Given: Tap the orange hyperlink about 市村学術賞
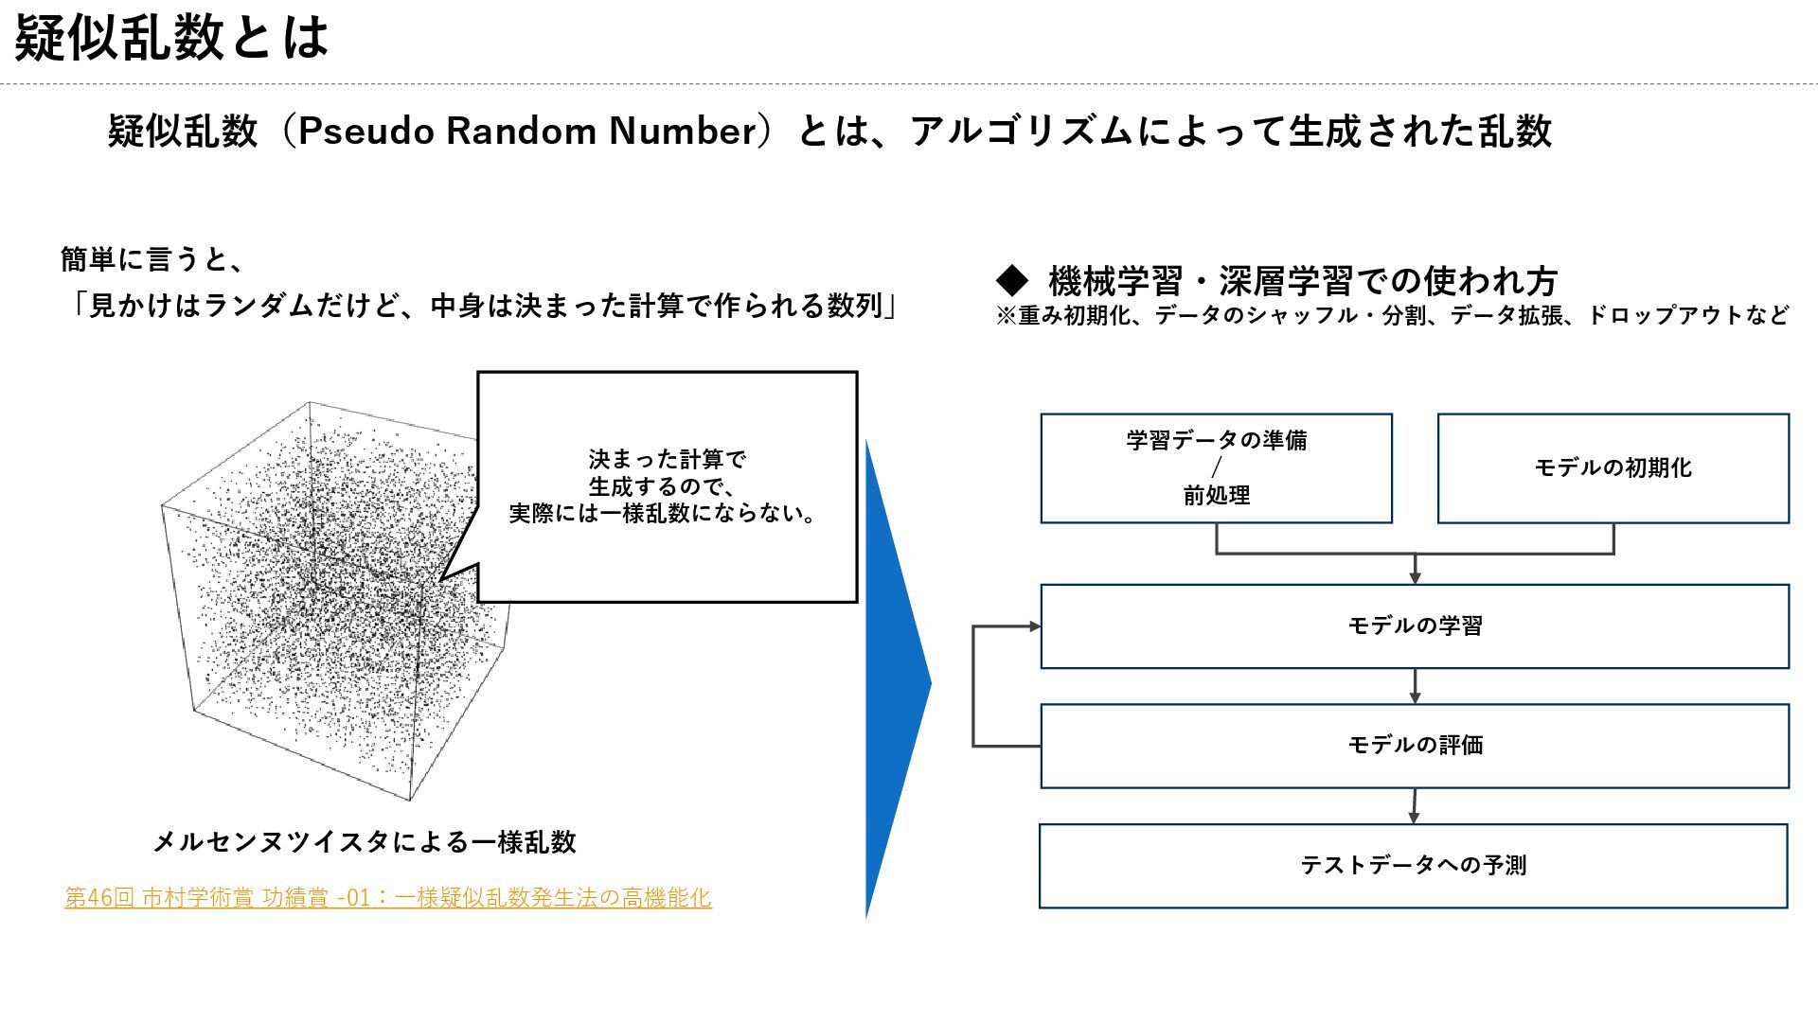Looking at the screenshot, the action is [x=387, y=897].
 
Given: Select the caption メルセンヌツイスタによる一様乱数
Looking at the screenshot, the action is [x=365, y=841].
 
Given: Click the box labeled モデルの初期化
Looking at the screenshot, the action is [x=1613, y=468].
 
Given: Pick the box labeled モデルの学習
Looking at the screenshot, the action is [x=1415, y=626].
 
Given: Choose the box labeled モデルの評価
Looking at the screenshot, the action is [x=1415, y=746].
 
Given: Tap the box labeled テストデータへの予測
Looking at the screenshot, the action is [x=1413, y=866].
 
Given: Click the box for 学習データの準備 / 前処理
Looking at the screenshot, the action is [x=1216, y=468].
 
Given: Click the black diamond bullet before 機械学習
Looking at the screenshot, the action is [x=1012, y=280].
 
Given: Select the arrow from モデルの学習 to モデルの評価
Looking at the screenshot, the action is [x=1415, y=686].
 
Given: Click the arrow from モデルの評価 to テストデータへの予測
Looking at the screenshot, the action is [x=1414, y=806].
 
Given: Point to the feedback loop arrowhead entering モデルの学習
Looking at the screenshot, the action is [x=1034, y=626].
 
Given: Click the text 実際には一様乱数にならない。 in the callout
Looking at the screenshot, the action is [x=662, y=514].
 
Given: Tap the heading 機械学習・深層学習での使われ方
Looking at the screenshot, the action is [x=1303, y=281].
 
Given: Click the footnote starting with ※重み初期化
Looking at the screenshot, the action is [x=1392, y=315].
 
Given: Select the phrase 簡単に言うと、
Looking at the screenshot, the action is [x=152, y=259].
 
